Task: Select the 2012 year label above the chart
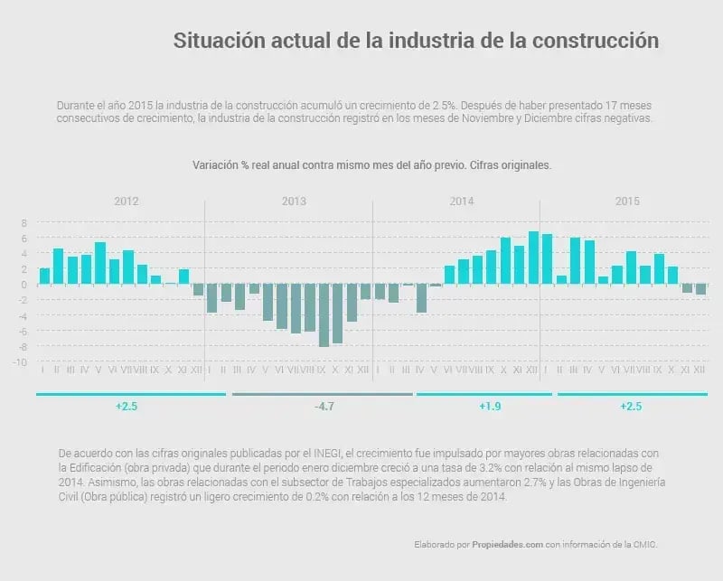coord(127,201)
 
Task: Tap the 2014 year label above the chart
coord(462,201)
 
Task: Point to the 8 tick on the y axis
coord(25,222)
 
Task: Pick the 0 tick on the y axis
coord(25,285)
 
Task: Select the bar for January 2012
coord(44,276)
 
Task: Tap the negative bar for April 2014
coord(421,298)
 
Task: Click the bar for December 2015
coord(700,289)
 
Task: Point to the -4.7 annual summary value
coord(324,408)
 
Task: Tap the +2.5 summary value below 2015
coord(631,408)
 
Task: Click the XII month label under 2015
coord(700,370)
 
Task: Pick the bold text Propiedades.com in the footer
coord(504,545)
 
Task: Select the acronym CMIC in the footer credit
coord(645,545)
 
